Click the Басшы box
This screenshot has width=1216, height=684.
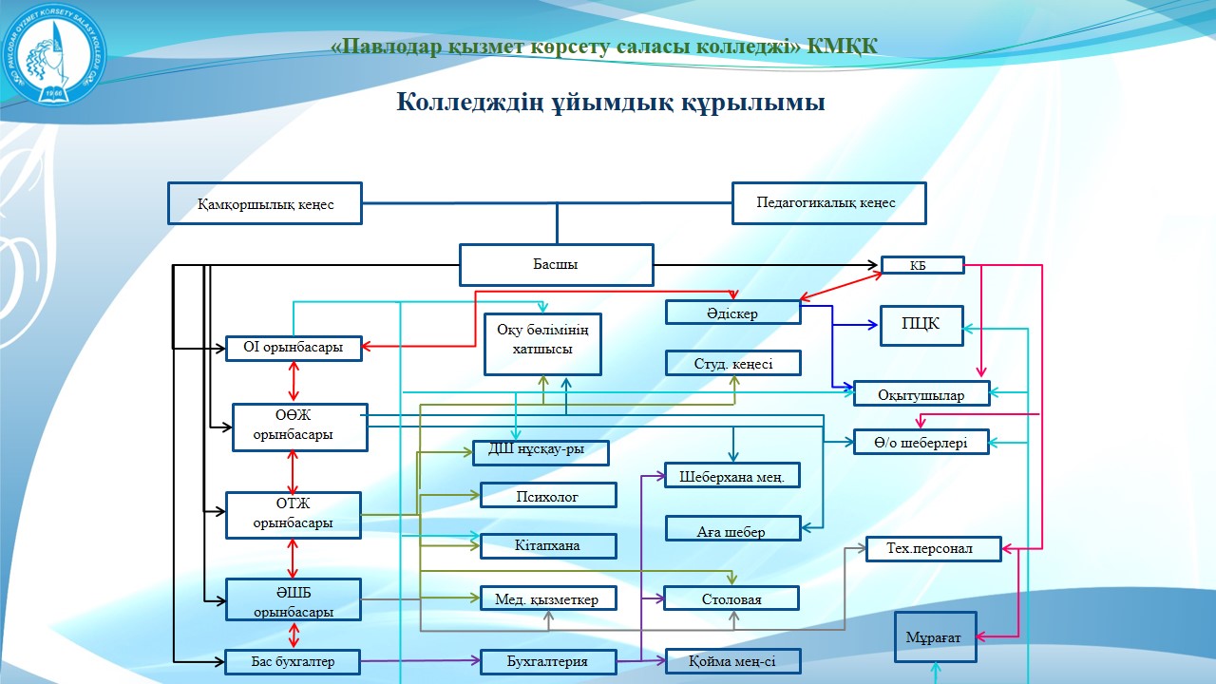click(x=557, y=265)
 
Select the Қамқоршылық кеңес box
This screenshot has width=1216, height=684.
click(x=265, y=203)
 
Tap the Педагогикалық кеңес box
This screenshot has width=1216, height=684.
click(x=828, y=203)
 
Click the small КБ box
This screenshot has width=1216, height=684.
click(x=922, y=265)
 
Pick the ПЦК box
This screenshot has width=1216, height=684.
click(x=921, y=325)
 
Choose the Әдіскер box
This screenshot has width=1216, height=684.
click(x=732, y=313)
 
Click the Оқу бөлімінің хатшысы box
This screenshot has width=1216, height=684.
click(x=542, y=343)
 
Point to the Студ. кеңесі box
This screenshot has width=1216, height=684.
click(x=732, y=363)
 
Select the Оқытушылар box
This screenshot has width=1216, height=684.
click(x=921, y=394)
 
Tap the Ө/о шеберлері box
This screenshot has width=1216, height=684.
click(x=921, y=442)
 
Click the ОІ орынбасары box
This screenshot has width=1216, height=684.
click(x=294, y=349)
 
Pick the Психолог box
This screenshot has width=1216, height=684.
click(x=548, y=496)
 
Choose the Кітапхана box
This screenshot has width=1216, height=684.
click(x=548, y=546)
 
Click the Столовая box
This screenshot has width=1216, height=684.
click(x=731, y=598)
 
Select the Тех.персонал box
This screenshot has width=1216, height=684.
click(x=934, y=549)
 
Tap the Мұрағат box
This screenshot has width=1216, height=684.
click(x=936, y=636)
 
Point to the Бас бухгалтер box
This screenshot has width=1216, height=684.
click(x=294, y=661)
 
